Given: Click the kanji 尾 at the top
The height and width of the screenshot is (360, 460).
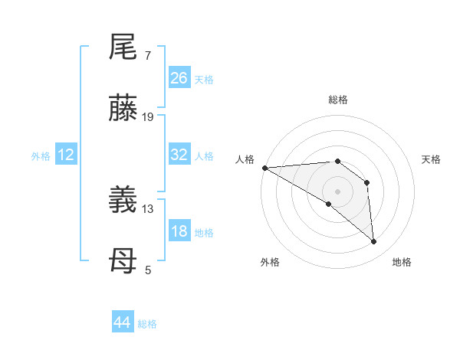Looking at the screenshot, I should (x=123, y=48).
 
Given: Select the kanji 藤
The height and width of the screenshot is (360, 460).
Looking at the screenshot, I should (x=123, y=109).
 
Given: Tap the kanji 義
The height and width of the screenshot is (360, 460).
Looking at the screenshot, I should (x=123, y=201).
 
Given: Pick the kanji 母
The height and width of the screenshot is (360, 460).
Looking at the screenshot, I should (x=123, y=263).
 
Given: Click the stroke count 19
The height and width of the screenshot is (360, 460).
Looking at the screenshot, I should (x=148, y=117).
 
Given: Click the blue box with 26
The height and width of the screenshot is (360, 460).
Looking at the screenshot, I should (x=179, y=78).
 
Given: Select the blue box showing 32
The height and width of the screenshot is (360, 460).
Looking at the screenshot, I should (x=179, y=155).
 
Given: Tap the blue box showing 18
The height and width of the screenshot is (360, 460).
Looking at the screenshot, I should (x=179, y=231).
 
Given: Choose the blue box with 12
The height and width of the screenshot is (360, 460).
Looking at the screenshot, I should (x=66, y=155).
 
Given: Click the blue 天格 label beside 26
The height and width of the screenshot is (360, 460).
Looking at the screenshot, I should (x=204, y=80).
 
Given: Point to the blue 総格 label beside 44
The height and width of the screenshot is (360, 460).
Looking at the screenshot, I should (x=147, y=324).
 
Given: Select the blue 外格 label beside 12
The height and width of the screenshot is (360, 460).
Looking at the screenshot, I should (x=41, y=156).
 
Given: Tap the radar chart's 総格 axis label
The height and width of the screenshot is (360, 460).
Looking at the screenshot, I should (x=338, y=100).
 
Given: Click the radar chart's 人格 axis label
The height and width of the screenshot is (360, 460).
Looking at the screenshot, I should (x=245, y=159).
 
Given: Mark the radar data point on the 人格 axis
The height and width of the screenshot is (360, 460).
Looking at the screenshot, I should (x=264, y=168).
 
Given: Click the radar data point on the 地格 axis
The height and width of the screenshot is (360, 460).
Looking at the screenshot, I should (x=373, y=242).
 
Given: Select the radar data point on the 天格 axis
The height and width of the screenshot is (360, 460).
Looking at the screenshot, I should (x=367, y=182).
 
